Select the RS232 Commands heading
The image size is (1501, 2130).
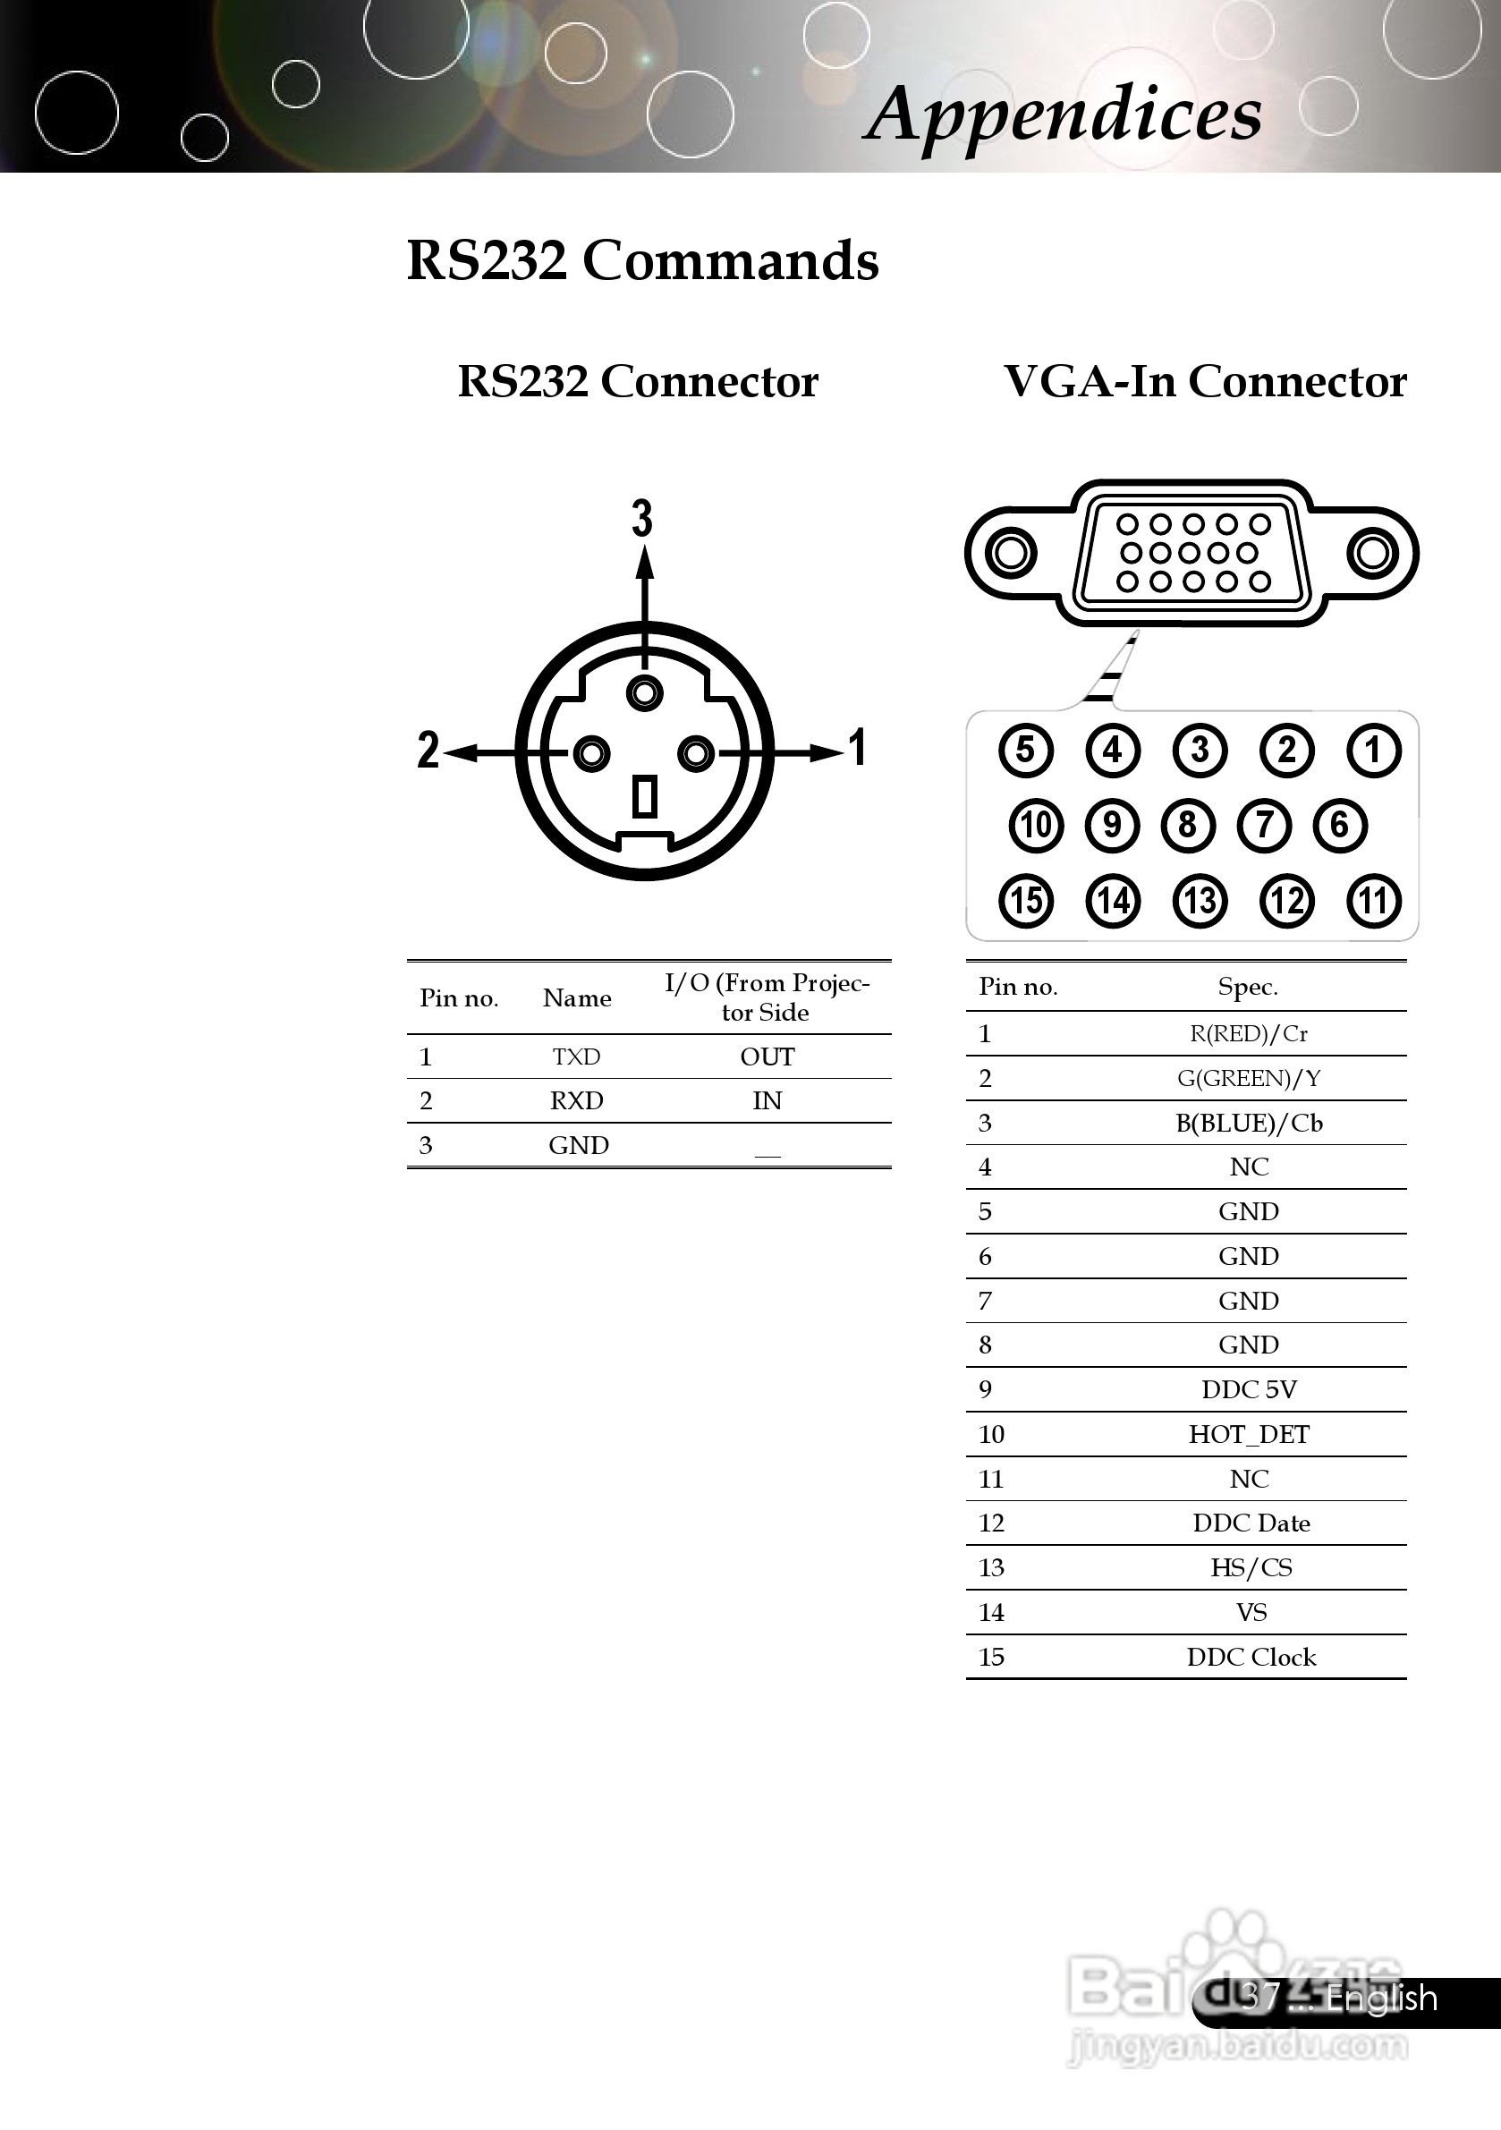(642, 260)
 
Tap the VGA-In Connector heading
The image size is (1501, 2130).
(1204, 381)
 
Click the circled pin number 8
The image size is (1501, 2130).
(1187, 825)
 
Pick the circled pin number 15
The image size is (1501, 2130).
(1025, 901)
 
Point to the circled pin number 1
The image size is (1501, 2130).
(1374, 750)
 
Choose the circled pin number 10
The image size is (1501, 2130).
(1036, 825)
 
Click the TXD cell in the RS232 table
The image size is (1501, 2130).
(576, 1057)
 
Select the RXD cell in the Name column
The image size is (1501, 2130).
(576, 1101)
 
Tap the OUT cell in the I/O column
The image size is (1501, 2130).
(767, 1057)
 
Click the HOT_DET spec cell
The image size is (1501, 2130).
(1249, 1434)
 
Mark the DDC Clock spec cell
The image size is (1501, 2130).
(1251, 1657)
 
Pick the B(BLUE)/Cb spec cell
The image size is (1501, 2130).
(1249, 1124)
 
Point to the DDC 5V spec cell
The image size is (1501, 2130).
(1249, 1389)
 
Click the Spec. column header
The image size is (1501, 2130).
(1248, 987)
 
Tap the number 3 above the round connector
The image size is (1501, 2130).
(642, 518)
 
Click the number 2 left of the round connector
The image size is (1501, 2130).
(428, 750)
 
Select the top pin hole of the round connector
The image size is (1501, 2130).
(645, 693)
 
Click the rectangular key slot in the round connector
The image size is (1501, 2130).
(645, 797)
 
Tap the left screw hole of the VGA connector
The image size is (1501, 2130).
(1009, 554)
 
